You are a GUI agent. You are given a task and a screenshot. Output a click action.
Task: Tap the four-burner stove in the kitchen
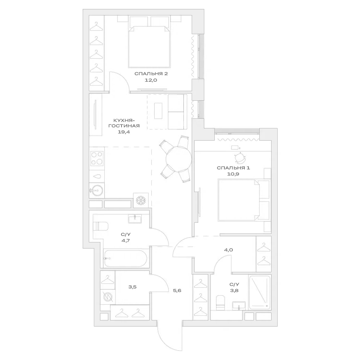(x=97, y=158)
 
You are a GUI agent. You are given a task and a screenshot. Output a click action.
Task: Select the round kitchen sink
(x=97, y=190)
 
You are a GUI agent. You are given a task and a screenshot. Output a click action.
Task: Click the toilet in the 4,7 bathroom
(x=100, y=226)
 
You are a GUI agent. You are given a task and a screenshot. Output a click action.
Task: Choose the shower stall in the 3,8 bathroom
(x=259, y=292)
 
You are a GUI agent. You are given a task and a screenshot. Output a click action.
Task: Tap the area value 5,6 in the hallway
(x=177, y=291)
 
